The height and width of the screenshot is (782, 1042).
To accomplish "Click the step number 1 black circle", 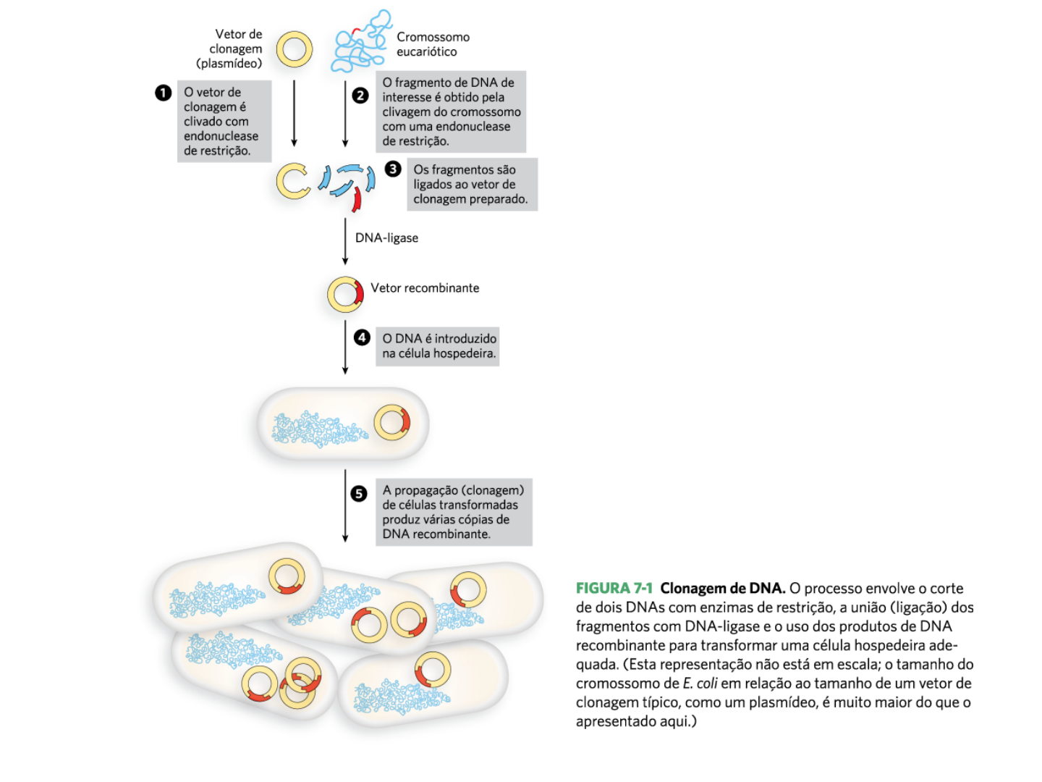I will [163, 93].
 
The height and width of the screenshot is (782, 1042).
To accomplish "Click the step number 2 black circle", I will [360, 96].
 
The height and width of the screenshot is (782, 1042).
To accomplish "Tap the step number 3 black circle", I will [393, 169].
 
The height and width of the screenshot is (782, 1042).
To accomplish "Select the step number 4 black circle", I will [362, 337].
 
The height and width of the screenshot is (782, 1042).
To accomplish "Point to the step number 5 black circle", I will [359, 494].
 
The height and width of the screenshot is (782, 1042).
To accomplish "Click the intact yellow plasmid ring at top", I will [294, 49].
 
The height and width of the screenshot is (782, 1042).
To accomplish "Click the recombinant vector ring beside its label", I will [345, 295].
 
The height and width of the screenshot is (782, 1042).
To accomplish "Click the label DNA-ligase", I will [386, 238].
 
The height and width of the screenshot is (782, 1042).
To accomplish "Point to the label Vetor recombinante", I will [425, 288].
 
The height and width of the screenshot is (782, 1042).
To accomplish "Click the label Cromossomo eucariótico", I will [433, 44].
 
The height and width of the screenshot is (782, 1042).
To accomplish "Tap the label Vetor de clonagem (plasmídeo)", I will [230, 49].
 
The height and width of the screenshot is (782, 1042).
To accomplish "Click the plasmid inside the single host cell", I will [391, 422].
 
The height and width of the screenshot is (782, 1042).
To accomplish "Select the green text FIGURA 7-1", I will [614, 589].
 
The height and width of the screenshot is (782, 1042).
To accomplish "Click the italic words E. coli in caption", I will [700, 684].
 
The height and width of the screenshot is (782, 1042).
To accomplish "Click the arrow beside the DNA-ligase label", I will [345, 241].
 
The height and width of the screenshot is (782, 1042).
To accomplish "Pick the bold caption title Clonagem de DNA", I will [722, 589].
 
